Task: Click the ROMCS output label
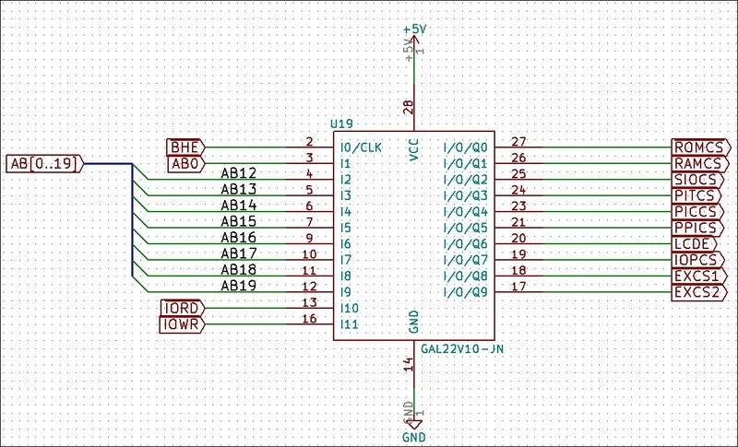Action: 701,147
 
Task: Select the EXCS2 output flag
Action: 700,292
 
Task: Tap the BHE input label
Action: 186,147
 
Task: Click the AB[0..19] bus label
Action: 44,163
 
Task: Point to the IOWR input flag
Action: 182,324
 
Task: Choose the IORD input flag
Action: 182,309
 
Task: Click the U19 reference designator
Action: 341,124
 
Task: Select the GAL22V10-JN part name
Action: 462,348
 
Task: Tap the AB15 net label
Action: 239,221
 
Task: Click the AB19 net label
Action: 239,286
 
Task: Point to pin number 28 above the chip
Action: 409,108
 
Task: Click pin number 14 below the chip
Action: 409,364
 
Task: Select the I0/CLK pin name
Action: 361,147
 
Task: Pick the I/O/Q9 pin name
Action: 466,292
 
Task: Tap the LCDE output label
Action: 695,244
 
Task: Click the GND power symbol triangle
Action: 414,425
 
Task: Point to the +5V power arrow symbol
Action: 414,40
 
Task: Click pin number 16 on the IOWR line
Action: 309,318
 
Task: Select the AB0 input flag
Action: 186,163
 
